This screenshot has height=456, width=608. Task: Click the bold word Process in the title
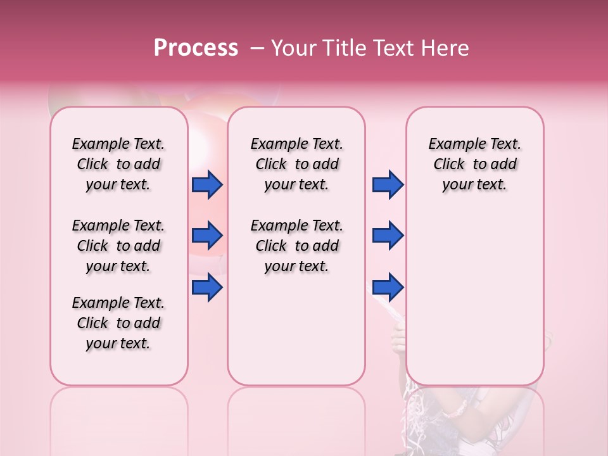(196, 48)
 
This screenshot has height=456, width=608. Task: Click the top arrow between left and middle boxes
(207, 185)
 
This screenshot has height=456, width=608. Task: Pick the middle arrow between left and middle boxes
(207, 236)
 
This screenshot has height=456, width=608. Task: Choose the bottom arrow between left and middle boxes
(207, 288)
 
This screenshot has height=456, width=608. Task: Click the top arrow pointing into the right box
(388, 185)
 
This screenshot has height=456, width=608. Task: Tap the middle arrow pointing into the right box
(388, 236)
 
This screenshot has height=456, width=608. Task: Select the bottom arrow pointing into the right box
(388, 288)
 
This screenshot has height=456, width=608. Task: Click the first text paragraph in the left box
(118, 164)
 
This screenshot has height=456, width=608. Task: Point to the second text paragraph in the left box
(118, 246)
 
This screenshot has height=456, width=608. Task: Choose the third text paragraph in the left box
(118, 323)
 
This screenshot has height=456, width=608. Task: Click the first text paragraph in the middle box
(296, 164)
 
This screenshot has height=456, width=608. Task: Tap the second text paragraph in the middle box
(296, 246)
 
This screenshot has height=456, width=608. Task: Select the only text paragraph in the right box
(474, 164)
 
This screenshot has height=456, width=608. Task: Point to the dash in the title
(256, 48)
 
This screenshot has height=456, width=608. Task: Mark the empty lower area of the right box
(474, 298)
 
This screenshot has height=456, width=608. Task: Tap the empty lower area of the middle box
(296, 329)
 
